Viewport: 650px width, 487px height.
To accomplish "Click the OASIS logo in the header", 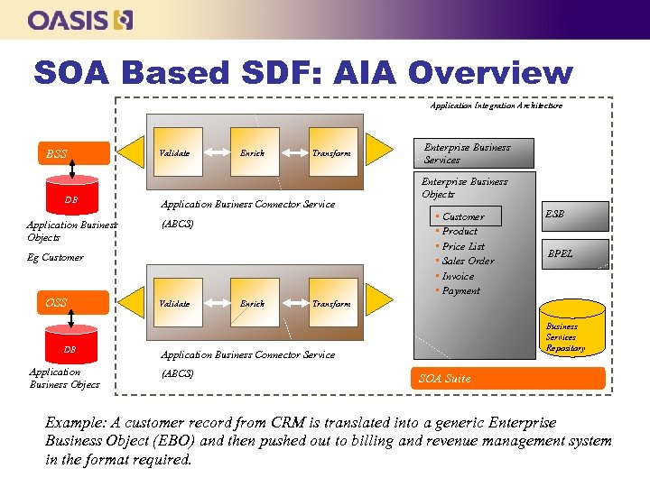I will [x=80, y=20].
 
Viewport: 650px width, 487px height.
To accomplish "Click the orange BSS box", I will [x=73, y=153].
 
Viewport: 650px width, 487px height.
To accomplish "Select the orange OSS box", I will [x=73, y=302].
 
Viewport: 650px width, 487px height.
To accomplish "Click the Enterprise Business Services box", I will [x=467, y=153].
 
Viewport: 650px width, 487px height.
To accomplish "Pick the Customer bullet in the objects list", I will [x=462, y=216].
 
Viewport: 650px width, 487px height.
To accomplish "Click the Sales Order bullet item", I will [x=468, y=261].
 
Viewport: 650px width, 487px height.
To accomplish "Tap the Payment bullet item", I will [x=460, y=290].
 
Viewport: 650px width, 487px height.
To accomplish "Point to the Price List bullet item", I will [x=463, y=246].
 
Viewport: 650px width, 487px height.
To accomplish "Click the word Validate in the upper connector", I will [x=174, y=153].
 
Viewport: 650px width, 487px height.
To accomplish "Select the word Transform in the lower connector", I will [x=331, y=304].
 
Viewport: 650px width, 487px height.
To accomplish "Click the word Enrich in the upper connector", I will [x=252, y=153].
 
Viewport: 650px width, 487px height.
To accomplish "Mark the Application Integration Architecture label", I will [x=496, y=106].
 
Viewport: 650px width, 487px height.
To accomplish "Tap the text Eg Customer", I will [x=55, y=257].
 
